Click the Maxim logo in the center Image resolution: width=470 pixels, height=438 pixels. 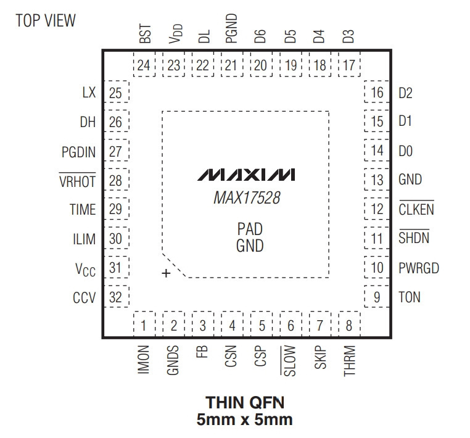click(x=245, y=175)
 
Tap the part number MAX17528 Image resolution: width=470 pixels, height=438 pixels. click(x=247, y=198)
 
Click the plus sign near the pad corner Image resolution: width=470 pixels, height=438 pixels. click(x=166, y=273)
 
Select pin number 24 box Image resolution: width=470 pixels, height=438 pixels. click(x=144, y=65)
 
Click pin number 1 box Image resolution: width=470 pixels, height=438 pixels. click(x=144, y=325)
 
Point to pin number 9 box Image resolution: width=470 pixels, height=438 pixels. click(x=377, y=297)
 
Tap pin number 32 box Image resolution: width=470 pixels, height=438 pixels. click(x=117, y=297)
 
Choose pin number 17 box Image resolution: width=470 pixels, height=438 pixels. click(x=349, y=65)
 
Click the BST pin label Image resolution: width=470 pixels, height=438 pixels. click(x=146, y=34)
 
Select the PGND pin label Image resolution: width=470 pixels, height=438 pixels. click(x=231, y=28)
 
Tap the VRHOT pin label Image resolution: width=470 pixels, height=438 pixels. click(x=77, y=181)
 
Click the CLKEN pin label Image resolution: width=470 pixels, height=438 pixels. click(x=416, y=209)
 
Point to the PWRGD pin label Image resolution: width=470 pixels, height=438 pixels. click(x=419, y=268)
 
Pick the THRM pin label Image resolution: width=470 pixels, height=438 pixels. click(x=350, y=361)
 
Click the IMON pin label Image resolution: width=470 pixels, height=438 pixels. click(x=144, y=360)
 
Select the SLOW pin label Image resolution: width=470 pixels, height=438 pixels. click(x=289, y=361)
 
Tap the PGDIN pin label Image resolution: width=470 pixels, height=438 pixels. click(x=78, y=152)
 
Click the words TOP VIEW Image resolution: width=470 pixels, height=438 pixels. click(x=46, y=21)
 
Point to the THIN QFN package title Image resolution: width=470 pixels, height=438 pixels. click(x=245, y=402)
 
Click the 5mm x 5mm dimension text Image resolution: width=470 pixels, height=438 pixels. click(x=245, y=419)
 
